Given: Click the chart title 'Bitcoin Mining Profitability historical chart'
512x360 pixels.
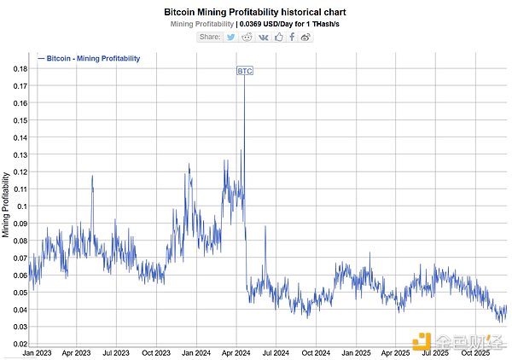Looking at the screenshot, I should point(255,12).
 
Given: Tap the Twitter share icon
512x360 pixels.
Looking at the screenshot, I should point(232,37).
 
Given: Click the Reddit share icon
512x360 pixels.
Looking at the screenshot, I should point(247,37).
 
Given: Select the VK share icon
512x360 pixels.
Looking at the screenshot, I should point(264,37).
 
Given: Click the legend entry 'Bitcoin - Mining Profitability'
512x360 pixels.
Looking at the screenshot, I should point(90,59).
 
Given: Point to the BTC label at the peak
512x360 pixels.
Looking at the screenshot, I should point(244,71).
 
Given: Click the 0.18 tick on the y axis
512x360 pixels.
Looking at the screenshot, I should point(17,69).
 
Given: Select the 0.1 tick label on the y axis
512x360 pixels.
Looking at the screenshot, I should point(19,206).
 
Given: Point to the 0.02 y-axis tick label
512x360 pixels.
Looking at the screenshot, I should point(17,344).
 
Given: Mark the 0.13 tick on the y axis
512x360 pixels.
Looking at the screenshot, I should point(17,154).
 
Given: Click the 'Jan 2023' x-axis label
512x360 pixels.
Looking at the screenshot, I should point(38,351).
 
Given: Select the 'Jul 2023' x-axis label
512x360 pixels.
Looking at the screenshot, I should point(117,351).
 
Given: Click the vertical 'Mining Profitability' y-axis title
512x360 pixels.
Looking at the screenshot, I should point(7,204).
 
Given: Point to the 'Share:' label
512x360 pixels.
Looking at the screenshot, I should point(210,37).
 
